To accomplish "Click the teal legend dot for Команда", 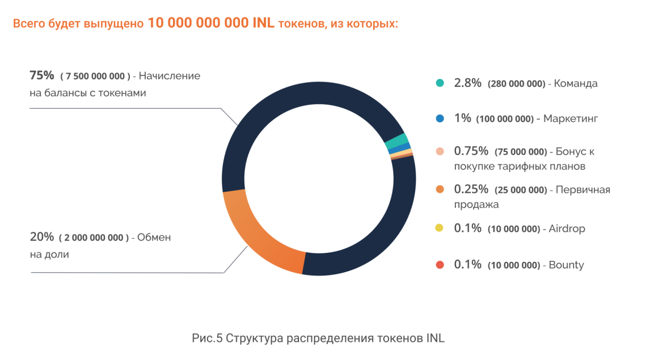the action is click(440, 83).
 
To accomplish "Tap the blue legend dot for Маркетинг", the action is click(440, 118).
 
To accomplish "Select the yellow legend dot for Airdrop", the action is click(440, 228).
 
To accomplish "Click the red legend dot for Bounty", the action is click(440, 264).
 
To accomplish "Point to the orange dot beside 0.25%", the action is click(440, 189).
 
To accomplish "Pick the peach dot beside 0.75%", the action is click(440, 151).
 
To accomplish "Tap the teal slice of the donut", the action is click(397, 141).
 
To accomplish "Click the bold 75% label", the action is click(41, 75).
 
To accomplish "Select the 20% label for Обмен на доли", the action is click(41, 237).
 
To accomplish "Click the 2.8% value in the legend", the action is click(467, 83).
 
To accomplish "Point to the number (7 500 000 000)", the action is click(95, 76).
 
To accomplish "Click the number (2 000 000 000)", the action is click(94, 238).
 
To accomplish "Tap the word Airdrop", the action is click(567, 228).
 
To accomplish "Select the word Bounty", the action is click(566, 265).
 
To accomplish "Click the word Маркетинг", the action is click(570, 118).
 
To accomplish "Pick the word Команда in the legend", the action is click(576, 83).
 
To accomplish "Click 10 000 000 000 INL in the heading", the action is click(210, 23).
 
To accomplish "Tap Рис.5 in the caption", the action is click(207, 338).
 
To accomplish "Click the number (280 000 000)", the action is click(516, 83).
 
